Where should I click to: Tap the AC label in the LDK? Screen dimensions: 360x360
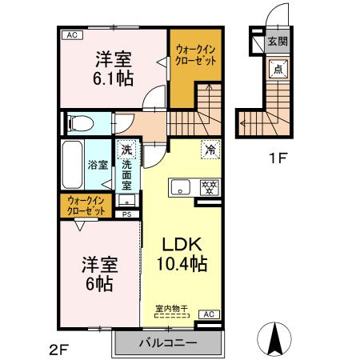(x=207, y=314)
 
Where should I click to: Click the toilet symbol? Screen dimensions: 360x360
(x=79, y=122)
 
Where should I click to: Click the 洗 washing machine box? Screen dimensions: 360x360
(x=126, y=150)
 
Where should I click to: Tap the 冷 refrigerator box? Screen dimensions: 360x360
(x=208, y=149)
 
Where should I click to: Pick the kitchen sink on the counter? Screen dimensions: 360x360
(x=180, y=189)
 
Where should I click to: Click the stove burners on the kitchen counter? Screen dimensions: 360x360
(x=210, y=189)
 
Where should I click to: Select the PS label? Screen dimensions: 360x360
(x=126, y=215)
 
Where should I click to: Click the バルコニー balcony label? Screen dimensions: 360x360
(x=168, y=343)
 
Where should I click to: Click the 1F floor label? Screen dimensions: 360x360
(x=278, y=158)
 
